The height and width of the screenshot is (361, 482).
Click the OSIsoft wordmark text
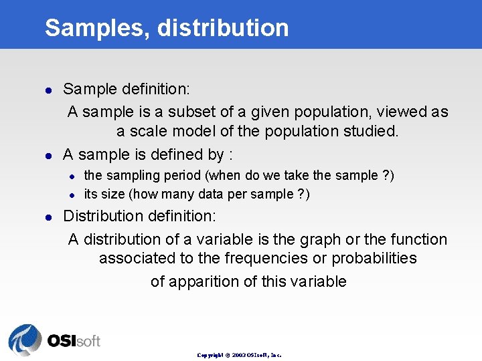[73, 340]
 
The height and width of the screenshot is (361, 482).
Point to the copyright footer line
[239, 354]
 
